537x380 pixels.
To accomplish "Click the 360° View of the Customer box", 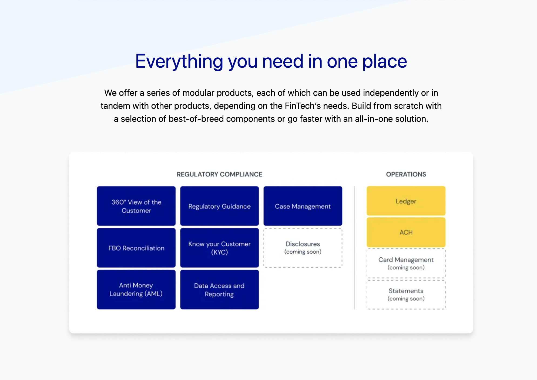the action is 136,206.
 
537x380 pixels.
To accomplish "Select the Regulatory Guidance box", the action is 219,206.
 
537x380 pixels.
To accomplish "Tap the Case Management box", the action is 303,206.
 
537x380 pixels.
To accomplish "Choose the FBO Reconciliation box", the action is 136,248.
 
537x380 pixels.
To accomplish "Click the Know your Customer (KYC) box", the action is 219,248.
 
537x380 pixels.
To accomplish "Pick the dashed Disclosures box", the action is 303,248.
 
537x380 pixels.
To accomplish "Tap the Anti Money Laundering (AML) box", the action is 136,290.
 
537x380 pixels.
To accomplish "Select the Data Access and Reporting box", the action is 219,290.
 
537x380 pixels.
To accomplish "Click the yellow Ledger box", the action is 406,201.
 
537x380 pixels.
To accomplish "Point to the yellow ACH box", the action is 406,232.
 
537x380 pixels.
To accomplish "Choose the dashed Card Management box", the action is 406,263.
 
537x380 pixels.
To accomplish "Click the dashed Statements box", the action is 406,294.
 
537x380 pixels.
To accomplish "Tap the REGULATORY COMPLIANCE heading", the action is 219,174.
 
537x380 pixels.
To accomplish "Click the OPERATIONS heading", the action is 406,174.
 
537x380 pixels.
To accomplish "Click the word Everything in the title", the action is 179,62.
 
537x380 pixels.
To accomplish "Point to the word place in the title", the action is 385,62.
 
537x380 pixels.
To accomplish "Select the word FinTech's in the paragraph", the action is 303,106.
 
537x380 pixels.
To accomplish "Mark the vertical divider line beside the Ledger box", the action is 354,248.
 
